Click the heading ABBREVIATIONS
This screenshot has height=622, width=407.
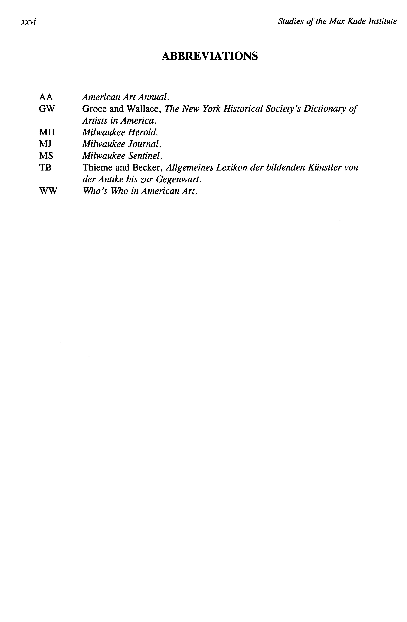[x=210, y=56]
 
